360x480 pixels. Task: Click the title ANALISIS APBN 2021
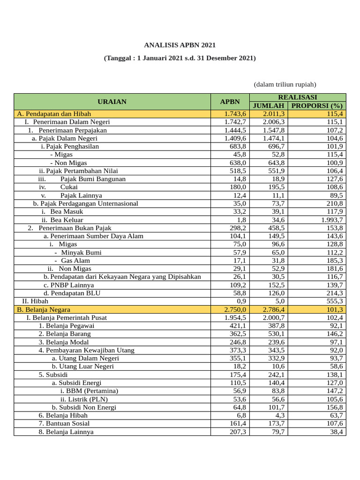(180, 45)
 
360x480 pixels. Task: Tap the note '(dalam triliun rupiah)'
(285, 84)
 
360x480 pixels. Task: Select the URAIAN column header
(112, 101)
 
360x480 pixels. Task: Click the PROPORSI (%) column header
(317, 105)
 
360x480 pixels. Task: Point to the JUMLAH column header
(269, 105)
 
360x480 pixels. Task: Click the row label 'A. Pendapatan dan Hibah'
(54, 113)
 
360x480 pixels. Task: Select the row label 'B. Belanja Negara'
(44, 309)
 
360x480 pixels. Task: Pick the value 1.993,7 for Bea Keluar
(332, 220)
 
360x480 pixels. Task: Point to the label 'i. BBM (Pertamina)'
(89, 391)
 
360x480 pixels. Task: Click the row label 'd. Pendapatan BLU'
(72, 293)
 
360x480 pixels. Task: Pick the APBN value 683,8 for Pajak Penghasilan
(238, 146)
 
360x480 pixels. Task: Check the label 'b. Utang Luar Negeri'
(82, 367)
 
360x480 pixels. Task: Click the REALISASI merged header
(298, 97)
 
